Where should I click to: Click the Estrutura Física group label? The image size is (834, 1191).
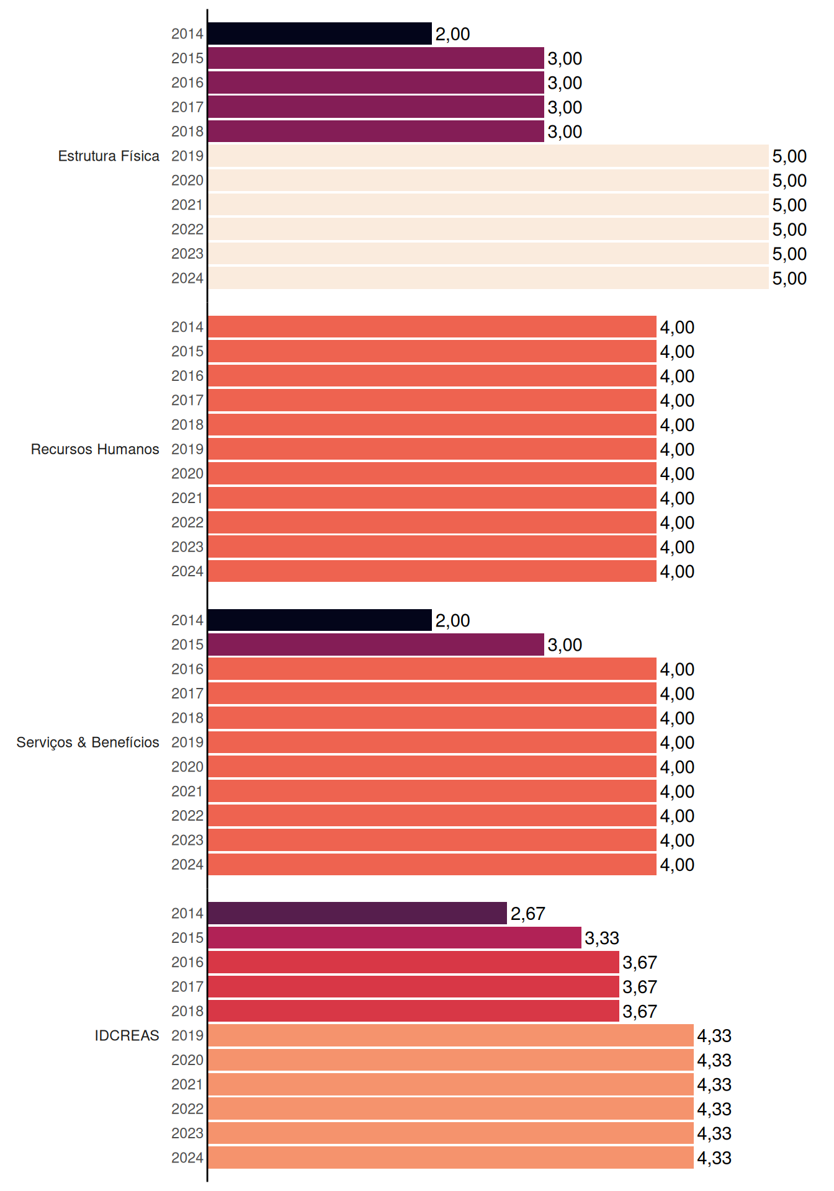109,156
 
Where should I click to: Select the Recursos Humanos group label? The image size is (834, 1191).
95,449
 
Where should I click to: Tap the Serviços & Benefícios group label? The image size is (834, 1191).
87,743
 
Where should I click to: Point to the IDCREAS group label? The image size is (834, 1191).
127,1035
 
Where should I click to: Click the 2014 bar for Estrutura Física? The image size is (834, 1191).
320,33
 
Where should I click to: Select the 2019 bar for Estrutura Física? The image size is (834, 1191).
488,156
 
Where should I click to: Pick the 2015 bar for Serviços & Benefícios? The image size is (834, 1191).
375,645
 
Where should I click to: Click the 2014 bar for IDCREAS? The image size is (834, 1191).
357,913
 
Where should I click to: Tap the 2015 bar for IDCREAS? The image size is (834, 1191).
394,937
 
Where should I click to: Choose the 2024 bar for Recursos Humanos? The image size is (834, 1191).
432,571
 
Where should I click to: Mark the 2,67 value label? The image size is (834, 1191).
527,914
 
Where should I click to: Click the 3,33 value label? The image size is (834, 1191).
602,938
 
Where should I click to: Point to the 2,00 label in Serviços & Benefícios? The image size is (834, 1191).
452,620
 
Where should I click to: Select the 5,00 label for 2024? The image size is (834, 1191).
789,279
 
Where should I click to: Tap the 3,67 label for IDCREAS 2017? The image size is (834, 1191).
640,987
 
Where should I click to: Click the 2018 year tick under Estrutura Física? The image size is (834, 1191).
187,132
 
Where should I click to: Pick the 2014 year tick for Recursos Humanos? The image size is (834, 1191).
187,327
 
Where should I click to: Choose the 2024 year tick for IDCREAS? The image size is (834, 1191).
187,1158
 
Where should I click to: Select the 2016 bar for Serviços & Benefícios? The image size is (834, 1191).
432,669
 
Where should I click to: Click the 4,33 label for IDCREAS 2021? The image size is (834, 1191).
714,1085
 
